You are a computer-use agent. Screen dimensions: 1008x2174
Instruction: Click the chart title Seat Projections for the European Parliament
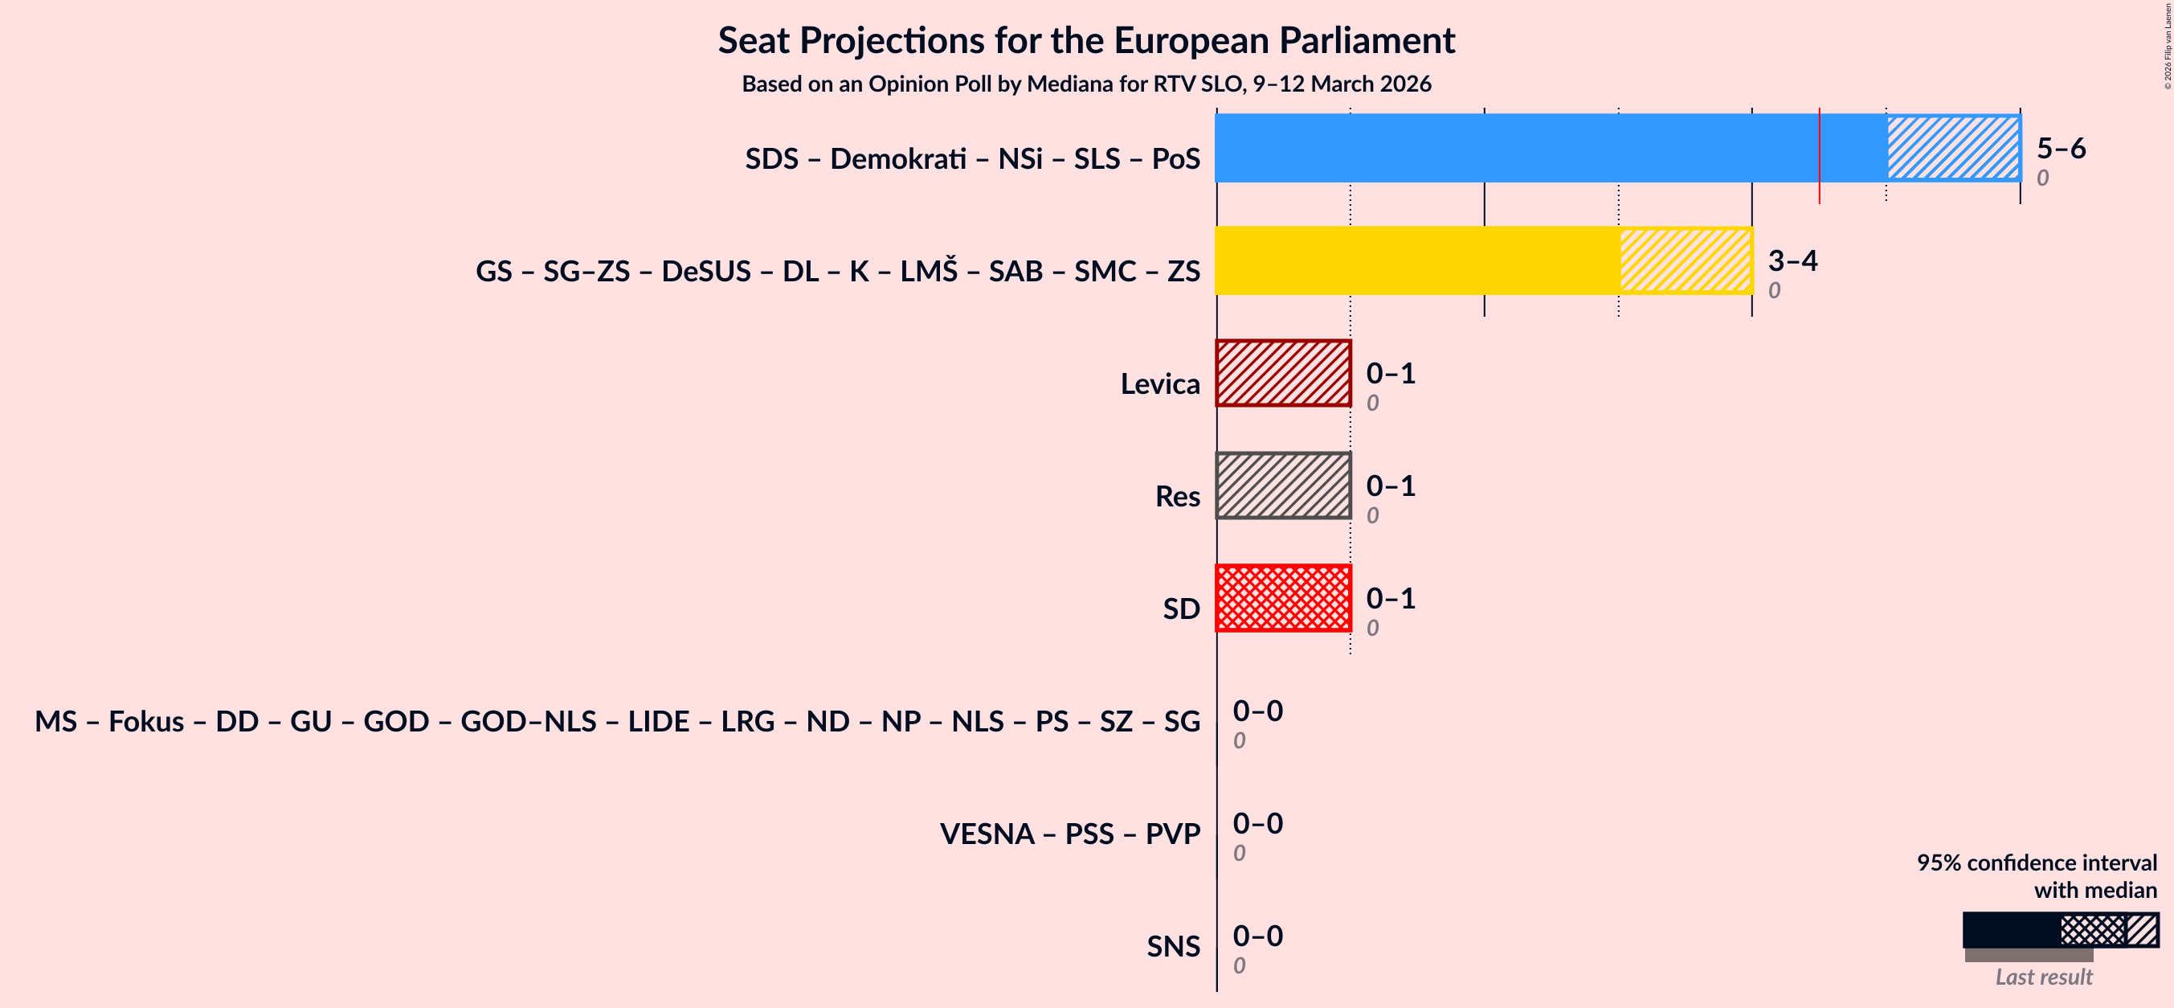[1086, 40]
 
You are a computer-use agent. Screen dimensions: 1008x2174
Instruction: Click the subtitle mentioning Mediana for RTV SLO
[1086, 84]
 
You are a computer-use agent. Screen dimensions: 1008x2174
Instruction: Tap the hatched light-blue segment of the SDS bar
[1953, 148]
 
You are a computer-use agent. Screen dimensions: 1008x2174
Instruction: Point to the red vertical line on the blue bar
[1819, 156]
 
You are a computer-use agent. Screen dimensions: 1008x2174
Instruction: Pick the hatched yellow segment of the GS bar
[1686, 260]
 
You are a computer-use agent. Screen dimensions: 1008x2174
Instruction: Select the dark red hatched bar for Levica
[1283, 373]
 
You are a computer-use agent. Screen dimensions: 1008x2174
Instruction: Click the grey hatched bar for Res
[1283, 486]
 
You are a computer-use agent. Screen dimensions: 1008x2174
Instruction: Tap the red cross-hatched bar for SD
[1283, 598]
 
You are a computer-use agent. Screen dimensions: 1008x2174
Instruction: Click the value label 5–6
[2060, 148]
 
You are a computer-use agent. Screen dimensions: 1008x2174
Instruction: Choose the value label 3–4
[1792, 260]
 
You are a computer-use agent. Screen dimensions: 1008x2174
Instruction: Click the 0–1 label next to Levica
[1390, 373]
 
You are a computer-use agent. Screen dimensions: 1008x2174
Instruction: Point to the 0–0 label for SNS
[1257, 936]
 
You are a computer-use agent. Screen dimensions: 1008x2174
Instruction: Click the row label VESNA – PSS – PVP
[1069, 834]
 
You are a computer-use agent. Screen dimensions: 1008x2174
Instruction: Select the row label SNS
[1172, 945]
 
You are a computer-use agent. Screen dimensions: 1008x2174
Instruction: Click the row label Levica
[1159, 383]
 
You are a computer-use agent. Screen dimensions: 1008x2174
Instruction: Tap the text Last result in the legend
[2043, 977]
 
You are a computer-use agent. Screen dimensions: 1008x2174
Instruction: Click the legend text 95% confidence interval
[2036, 862]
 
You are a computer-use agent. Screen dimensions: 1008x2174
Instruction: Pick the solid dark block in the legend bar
[2010, 929]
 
